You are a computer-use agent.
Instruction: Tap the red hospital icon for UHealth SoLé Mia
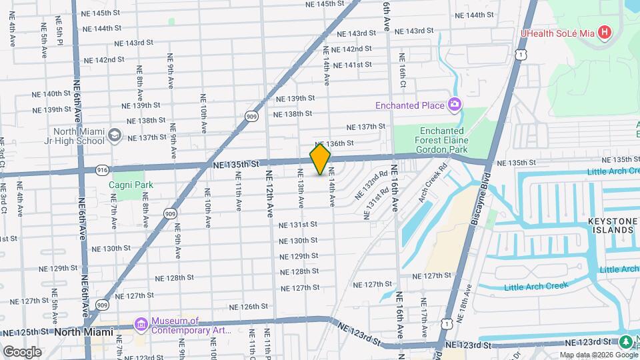coord(604,32)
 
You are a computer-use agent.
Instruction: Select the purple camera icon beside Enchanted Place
coord(455,105)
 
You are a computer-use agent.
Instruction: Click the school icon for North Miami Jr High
coord(115,135)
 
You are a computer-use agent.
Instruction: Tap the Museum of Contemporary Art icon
coord(141,325)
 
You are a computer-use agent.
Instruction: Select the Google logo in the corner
coord(21,351)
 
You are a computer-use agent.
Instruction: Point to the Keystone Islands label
coord(610,225)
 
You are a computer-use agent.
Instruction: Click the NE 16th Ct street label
coord(402,71)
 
